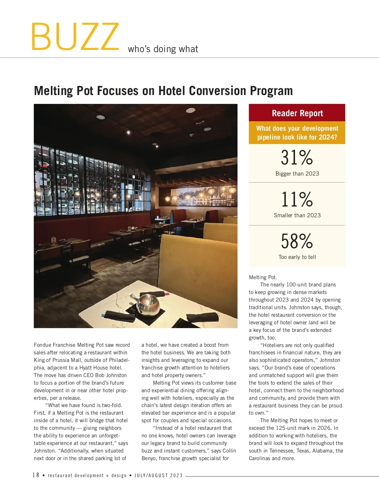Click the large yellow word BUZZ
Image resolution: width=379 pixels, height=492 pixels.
click(75, 37)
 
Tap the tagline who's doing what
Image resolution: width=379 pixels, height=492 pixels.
click(163, 49)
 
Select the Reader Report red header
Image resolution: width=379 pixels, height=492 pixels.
click(297, 113)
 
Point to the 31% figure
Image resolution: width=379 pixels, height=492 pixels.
click(297, 158)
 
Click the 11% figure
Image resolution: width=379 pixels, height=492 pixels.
click(297, 199)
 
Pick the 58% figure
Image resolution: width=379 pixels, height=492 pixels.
click(297, 241)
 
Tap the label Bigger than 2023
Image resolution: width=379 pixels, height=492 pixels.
click(297, 174)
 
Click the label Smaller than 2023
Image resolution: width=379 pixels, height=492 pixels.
click(297, 215)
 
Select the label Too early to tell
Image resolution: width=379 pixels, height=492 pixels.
click(297, 257)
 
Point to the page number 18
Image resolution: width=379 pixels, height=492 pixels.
click(36, 475)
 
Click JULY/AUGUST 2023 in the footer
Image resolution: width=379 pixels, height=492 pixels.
click(159, 476)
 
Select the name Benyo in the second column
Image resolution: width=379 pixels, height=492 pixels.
click(149, 458)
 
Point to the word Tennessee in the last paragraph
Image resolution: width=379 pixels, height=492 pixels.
click(282, 451)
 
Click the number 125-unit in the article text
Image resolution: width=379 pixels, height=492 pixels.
click(288, 428)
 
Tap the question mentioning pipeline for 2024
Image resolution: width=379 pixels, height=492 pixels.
click(297, 133)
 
